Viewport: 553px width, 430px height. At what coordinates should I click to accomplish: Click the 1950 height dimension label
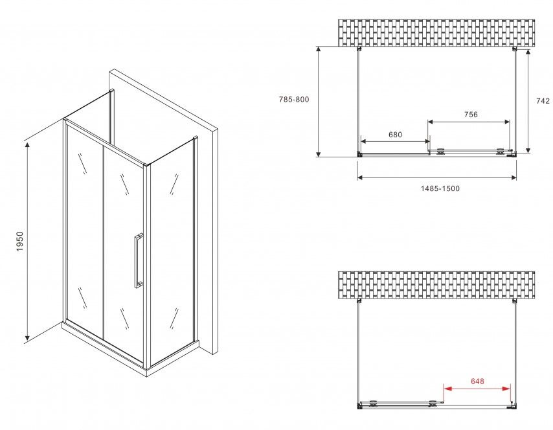pyautogui.click(x=19, y=242)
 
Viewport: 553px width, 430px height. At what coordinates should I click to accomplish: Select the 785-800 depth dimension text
pyautogui.click(x=294, y=100)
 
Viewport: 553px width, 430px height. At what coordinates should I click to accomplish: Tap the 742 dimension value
pyautogui.click(x=543, y=101)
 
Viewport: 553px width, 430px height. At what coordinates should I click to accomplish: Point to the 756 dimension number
pyautogui.click(x=471, y=114)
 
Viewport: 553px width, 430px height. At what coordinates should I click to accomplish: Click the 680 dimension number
pyautogui.click(x=395, y=135)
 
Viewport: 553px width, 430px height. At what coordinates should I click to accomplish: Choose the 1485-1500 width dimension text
pyautogui.click(x=440, y=188)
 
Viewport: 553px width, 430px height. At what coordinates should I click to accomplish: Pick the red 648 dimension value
pyautogui.click(x=477, y=381)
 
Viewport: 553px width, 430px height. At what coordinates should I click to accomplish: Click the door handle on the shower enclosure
pyautogui.click(x=139, y=261)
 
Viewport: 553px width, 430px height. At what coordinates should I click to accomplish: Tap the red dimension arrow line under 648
pyautogui.click(x=477, y=389)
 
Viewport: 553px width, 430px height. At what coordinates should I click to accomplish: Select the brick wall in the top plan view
pyautogui.click(x=436, y=33)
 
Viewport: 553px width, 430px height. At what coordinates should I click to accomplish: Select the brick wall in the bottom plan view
pyautogui.click(x=436, y=285)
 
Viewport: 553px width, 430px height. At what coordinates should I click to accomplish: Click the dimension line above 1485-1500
pyautogui.click(x=437, y=177)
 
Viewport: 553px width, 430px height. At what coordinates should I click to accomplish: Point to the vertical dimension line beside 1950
pyautogui.click(x=27, y=242)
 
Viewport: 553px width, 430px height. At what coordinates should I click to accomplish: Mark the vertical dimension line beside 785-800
pyautogui.click(x=318, y=102)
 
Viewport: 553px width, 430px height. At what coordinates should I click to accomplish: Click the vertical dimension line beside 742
pyautogui.click(x=528, y=101)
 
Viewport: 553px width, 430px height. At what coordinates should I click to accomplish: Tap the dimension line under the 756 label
pyautogui.click(x=469, y=122)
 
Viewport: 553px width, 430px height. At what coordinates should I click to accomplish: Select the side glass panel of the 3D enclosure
pyautogui.click(x=172, y=251)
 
